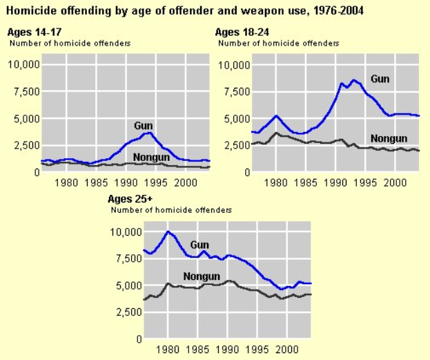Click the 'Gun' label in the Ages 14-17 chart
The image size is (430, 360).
click(x=143, y=125)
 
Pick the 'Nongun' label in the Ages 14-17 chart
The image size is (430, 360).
click(x=151, y=156)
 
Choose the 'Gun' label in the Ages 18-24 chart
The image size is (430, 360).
click(x=380, y=79)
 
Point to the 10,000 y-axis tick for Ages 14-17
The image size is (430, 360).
click(x=23, y=64)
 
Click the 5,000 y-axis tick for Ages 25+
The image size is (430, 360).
click(x=127, y=285)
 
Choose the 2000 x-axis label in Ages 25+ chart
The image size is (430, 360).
click(x=286, y=350)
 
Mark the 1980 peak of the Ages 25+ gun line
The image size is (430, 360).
click(x=168, y=231)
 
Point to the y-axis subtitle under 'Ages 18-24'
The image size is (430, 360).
click(x=279, y=43)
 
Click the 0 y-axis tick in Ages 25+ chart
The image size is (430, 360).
click(x=138, y=339)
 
